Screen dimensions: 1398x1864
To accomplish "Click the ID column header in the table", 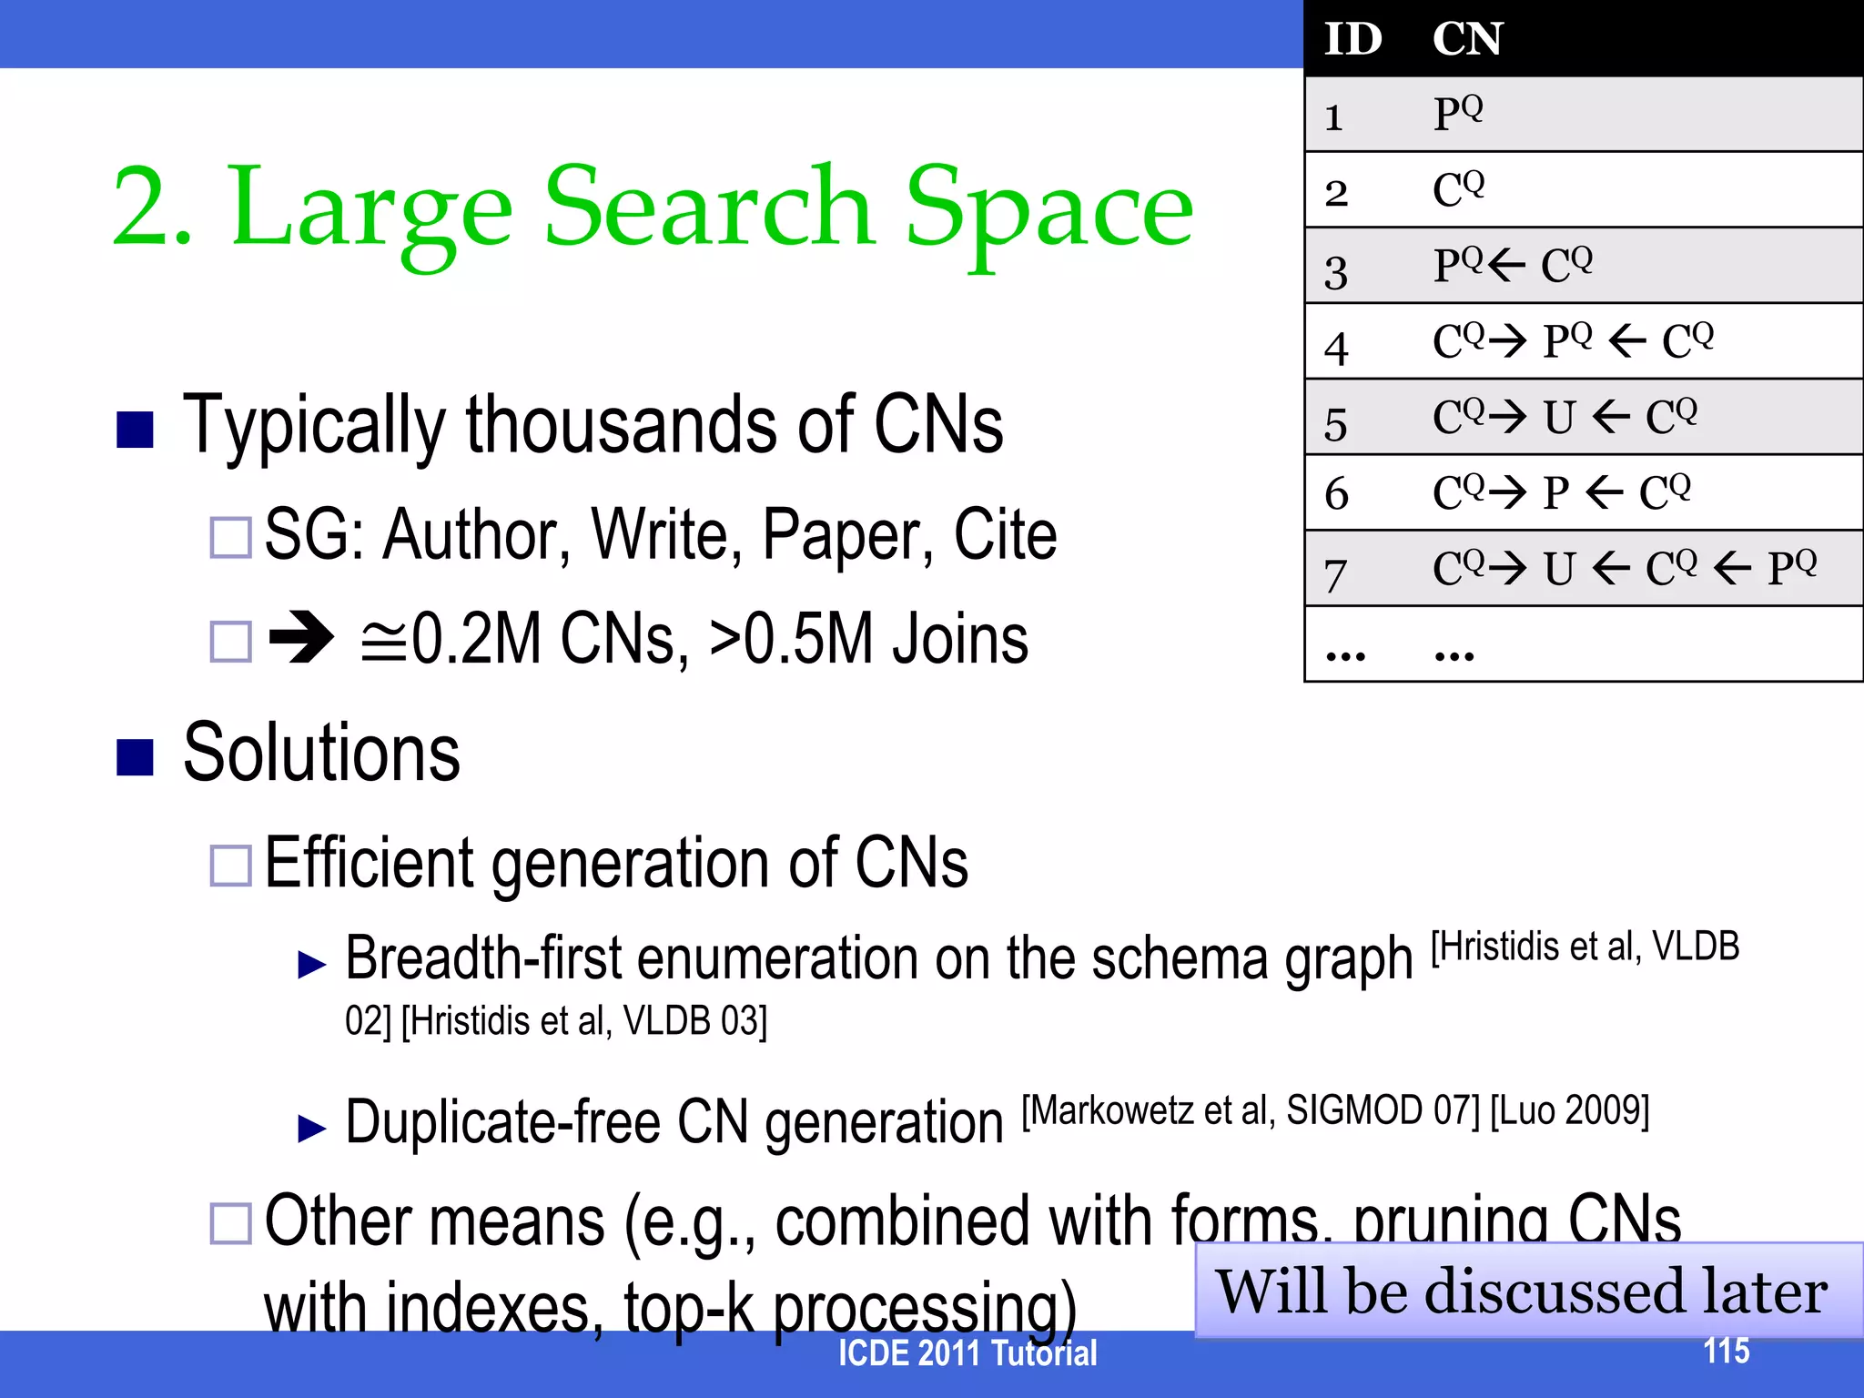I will point(1352,39).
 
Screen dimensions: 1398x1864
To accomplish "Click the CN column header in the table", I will point(1467,39).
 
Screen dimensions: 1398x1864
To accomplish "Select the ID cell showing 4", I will point(1336,348).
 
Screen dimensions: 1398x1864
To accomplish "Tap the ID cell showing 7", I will point(1335,575).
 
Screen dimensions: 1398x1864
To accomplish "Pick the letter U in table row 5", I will point(1559,419).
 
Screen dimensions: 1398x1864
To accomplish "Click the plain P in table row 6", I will point(1556,494).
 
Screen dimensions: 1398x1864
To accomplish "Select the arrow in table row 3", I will point(1507,266).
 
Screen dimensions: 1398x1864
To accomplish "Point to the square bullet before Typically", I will point(135,430).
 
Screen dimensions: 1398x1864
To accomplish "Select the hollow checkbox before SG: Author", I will point(230,537).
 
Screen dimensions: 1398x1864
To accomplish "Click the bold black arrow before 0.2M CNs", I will point(302,638).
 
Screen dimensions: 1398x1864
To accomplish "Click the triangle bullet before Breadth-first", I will point(312,965).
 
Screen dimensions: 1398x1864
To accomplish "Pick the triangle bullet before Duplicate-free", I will point(312,1129).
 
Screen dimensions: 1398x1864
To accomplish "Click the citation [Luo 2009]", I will point(1569,1110).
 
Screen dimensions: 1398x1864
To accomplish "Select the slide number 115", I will point(1726,1351).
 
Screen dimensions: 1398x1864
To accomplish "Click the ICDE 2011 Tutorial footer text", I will point(967,1353).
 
